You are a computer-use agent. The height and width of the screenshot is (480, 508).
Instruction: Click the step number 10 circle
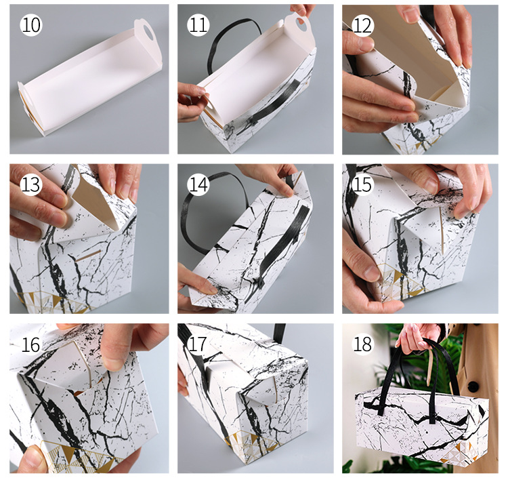click(x=30, y=24)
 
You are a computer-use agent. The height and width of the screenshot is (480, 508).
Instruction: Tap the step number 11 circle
click(x=198, y=24)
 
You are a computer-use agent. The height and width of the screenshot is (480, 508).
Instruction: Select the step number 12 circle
click(x=362, y=25)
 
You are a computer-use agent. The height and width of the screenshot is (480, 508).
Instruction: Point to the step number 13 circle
click(x=30, y=184)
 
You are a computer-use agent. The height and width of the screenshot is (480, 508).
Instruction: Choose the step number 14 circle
click(x=198, y=184)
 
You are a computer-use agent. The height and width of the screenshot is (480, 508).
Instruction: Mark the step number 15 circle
click(x=362, y=184)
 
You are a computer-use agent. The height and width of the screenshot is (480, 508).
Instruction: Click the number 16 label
click(x=30, y=344)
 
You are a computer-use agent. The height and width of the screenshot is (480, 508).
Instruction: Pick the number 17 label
click(x=197, y=344)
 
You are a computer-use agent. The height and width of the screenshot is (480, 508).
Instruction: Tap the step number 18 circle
click(x=362, y=344)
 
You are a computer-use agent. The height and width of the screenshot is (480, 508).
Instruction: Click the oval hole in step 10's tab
click(x=148, y=31)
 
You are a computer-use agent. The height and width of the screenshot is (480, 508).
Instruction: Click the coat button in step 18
click(x=473, y=386)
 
